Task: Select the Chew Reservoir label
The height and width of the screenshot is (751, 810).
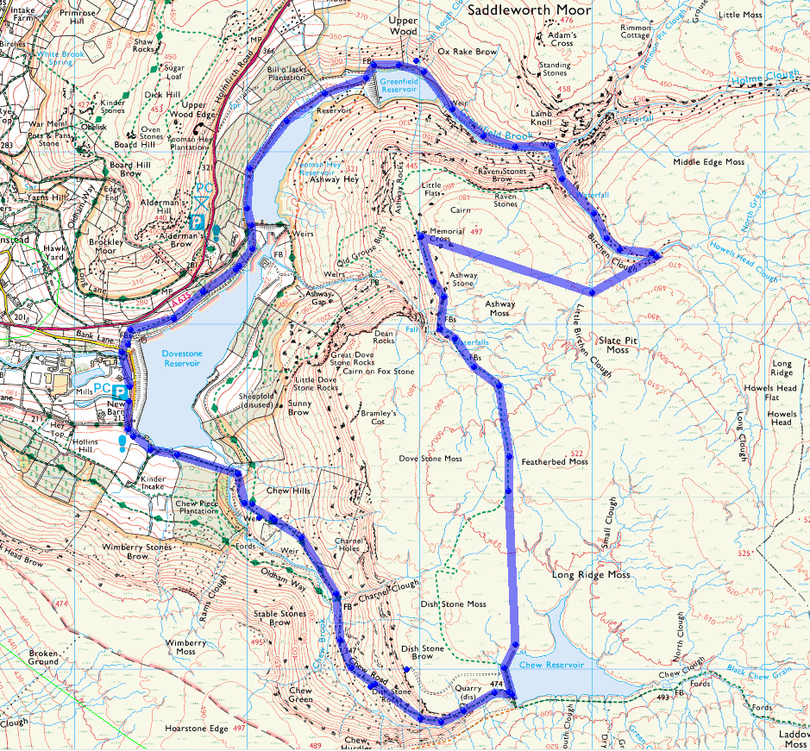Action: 552,665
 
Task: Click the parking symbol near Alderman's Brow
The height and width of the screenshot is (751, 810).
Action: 197,221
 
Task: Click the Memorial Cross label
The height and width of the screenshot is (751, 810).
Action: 447,235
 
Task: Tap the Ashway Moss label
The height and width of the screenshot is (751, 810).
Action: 499,309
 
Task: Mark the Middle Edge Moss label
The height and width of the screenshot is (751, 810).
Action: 709,162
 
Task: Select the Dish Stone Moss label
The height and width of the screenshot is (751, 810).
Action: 454,604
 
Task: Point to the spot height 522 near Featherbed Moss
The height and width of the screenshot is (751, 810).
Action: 577,453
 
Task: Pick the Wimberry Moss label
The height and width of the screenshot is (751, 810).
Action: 186,648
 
